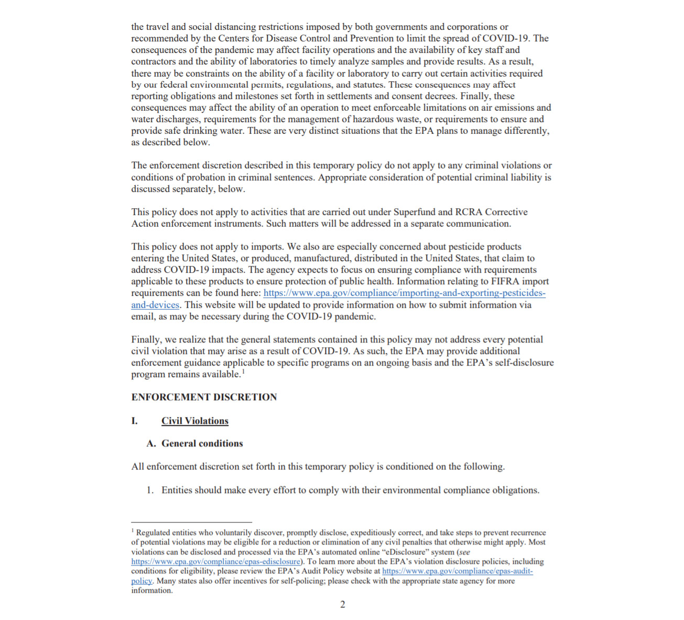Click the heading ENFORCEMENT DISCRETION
pos(204,397)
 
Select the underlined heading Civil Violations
pos(194,421)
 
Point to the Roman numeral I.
pos(135,421)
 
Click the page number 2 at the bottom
pos(343,604)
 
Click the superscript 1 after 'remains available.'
pos(243,372)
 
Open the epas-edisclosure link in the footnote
pos(215,561)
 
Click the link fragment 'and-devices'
pos(155,305)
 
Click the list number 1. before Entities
pos(150,490)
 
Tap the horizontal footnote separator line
pos(191,522)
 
